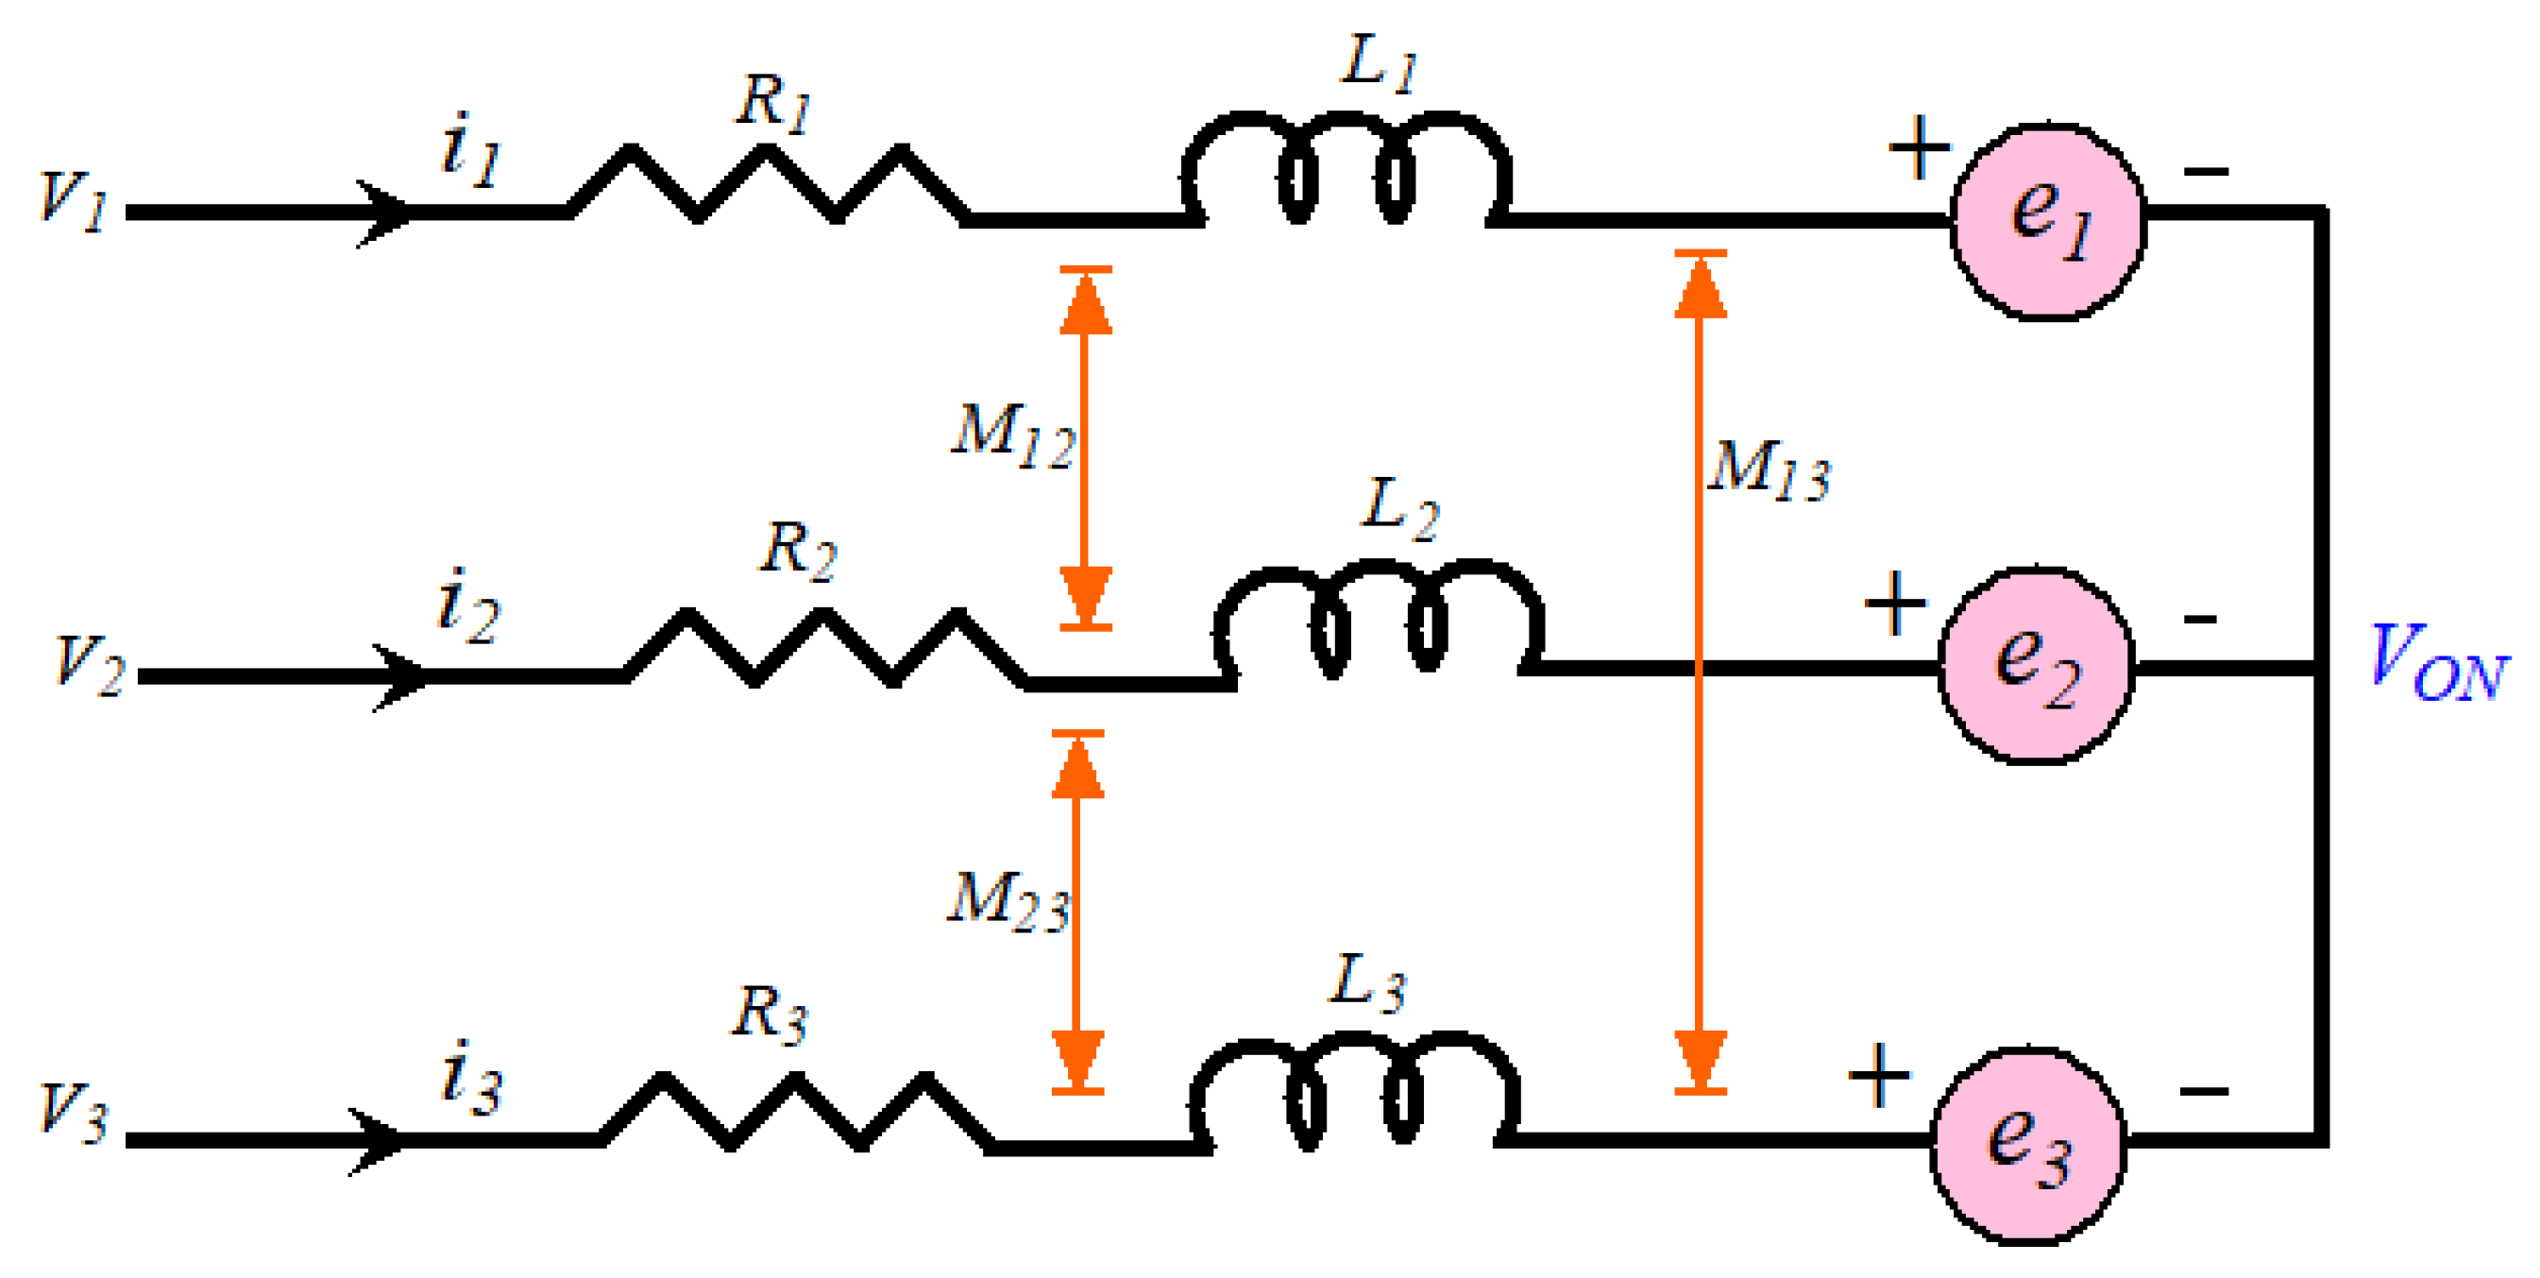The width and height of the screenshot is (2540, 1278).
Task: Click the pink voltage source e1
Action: (x=2049, y=221)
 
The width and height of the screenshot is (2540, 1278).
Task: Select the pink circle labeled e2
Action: (x=2036, y=666)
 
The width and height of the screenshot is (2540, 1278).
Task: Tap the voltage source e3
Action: (x=2028, y=1145)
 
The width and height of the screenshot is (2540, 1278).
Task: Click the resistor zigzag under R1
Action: (x=767, y=184)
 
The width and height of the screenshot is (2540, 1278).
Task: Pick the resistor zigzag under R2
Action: (x=823, y=648)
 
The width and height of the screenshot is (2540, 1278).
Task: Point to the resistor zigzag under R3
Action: (x=795, y=1112)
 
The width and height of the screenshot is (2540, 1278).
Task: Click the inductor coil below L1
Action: (x=1346, y=170)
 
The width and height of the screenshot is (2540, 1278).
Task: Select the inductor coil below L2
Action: (x=1378, y=619)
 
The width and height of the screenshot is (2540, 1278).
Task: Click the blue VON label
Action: (x=2436, y=662)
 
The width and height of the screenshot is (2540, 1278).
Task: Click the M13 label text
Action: (x=1769, y=470)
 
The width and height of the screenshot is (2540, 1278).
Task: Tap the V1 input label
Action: (x=72, y=201)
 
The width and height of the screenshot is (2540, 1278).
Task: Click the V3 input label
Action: (x=72, y=1113)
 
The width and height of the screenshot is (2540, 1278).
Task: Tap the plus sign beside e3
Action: (x=1878, y=1075)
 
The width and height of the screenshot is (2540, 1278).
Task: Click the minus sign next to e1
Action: (x=2206, y=173)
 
